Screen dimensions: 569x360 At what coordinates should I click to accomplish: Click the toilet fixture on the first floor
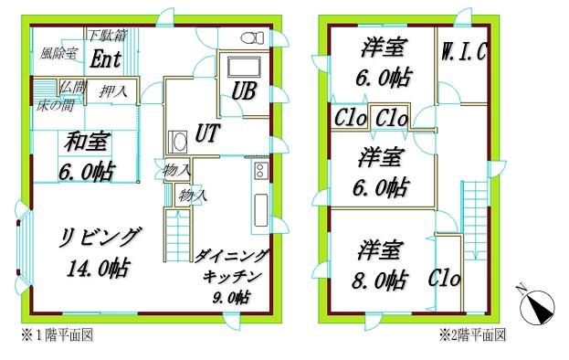(x=251, y=37)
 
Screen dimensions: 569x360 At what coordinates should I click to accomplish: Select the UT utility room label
(x=207, y=134)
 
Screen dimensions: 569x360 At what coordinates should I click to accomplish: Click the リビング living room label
(x=100, y=238)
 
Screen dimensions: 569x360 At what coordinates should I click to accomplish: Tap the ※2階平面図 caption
(x=471, y=335)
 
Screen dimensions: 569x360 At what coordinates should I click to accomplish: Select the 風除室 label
(x=58, y=54)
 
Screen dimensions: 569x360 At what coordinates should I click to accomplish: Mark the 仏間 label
(x=72, y=88)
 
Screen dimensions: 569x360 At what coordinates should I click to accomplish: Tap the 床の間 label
(x=55, y=105)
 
